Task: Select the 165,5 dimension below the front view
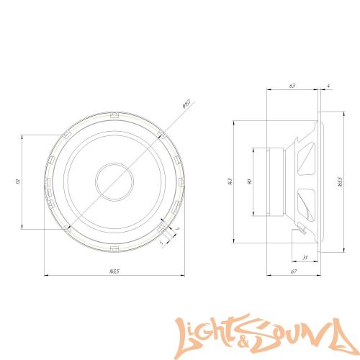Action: click(114, 271)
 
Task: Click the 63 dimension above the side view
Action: click(292, 86)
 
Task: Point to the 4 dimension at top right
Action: click(328, 86)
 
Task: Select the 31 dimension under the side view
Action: click(305, 258)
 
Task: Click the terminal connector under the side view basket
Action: click(300, 230)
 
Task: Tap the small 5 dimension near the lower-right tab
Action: click(161, 241)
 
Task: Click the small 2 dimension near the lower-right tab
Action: click(177, 228)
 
